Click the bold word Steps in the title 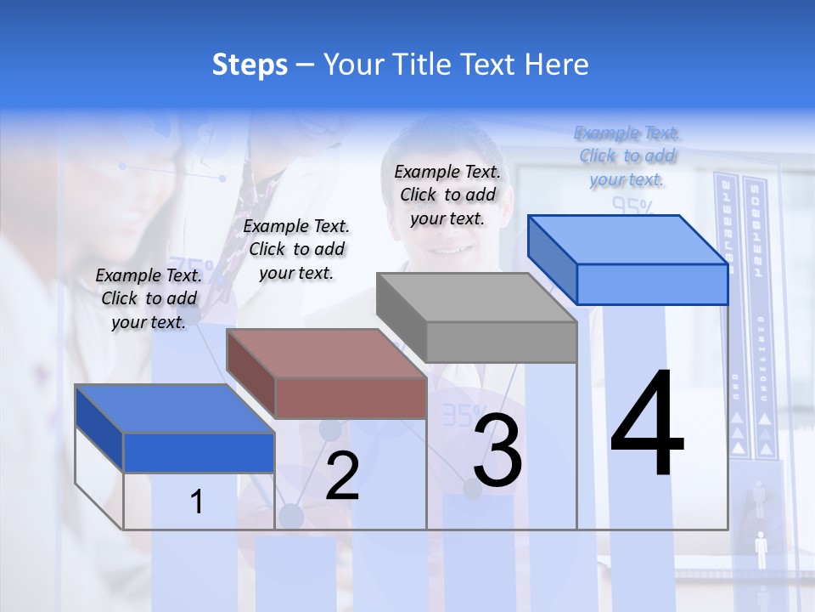point(250,65)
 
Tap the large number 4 point(647,425)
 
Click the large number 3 point(497,450)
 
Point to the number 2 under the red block point(342,476)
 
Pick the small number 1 point(197,502)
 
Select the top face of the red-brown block point(327,353)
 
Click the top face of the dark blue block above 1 point(175,409)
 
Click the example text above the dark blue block point(149,298)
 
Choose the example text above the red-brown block point(296,249)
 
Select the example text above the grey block point(447,195)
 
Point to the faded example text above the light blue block point(627,156)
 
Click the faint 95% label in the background point(632,206)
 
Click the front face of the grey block point(501,343)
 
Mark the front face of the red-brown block point(351,398)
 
